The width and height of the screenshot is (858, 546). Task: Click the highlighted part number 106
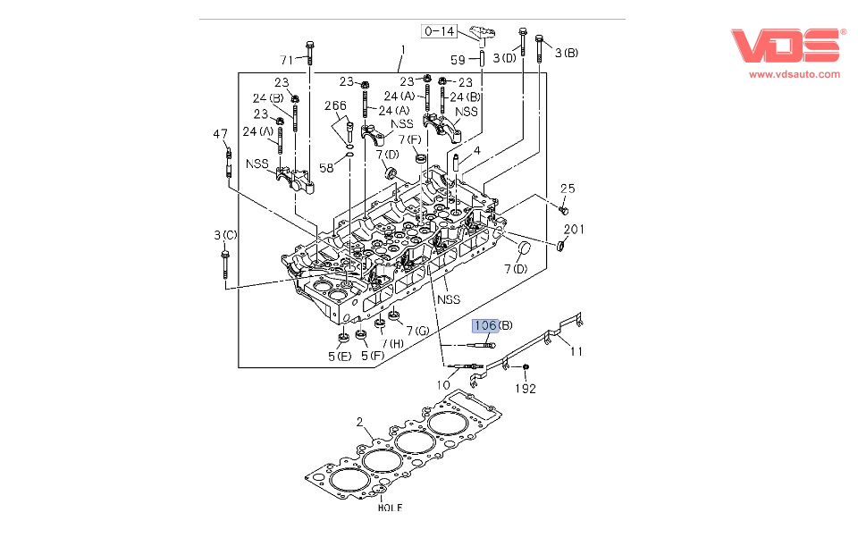[x=485, y=325]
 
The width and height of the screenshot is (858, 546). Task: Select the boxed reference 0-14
[x=440, y=31]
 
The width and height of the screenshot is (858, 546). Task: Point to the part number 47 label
[x=220, y=134]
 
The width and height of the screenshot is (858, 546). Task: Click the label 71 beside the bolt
[x=287, y=60]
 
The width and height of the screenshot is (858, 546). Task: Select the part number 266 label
[x=335, y=105]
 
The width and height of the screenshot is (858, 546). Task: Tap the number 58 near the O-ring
[x=326, y=168]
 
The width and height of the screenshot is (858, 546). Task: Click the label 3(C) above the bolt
[x=225, y=235]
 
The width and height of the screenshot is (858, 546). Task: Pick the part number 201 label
[x=574, y=230]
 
